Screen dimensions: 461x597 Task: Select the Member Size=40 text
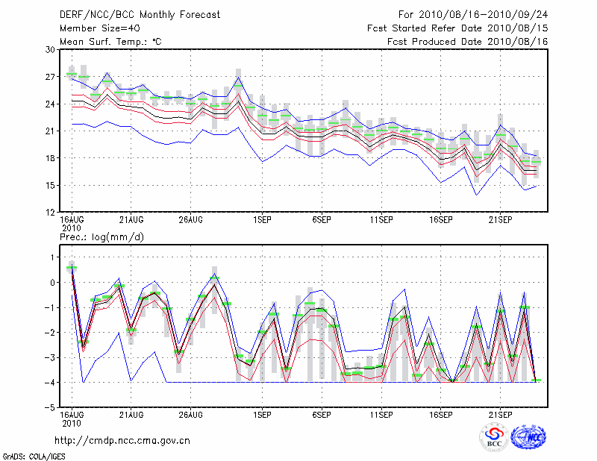tap(94, 28)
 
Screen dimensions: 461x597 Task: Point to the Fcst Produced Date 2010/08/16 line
tap(468, 42)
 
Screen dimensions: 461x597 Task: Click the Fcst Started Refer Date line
tap(458, 28)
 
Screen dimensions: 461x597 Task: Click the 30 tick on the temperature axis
tap(51, 49)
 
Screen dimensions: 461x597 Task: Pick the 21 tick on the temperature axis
tap(51, 131)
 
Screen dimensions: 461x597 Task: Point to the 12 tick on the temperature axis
tap(51, 213)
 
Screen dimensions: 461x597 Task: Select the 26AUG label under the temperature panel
tap(190, 220)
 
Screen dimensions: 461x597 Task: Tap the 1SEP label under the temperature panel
tap(261, 220)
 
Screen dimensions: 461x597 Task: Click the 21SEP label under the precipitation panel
tap(500, 414)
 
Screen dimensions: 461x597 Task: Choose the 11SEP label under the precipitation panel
tap(381, 414)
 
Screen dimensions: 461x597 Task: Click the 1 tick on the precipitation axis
tap(52, 257)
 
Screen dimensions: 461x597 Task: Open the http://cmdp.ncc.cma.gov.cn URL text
tap(122, 440)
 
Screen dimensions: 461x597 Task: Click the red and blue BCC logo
tap(494, 437)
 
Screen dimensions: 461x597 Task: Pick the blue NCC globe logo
tap(528, 437)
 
